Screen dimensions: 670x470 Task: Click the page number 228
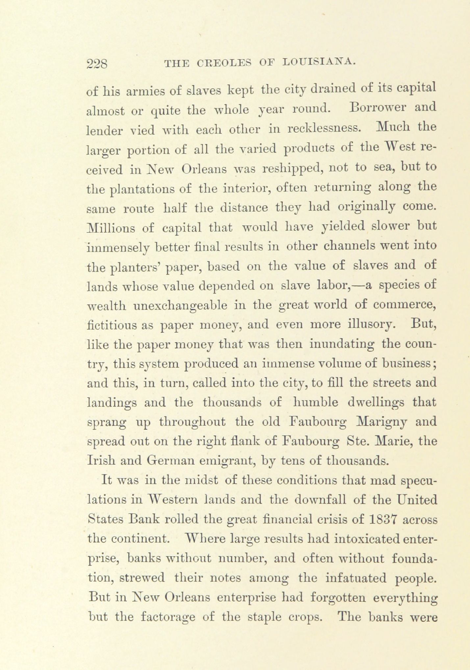pos(97,63)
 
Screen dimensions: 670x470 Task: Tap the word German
pos(170,461)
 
